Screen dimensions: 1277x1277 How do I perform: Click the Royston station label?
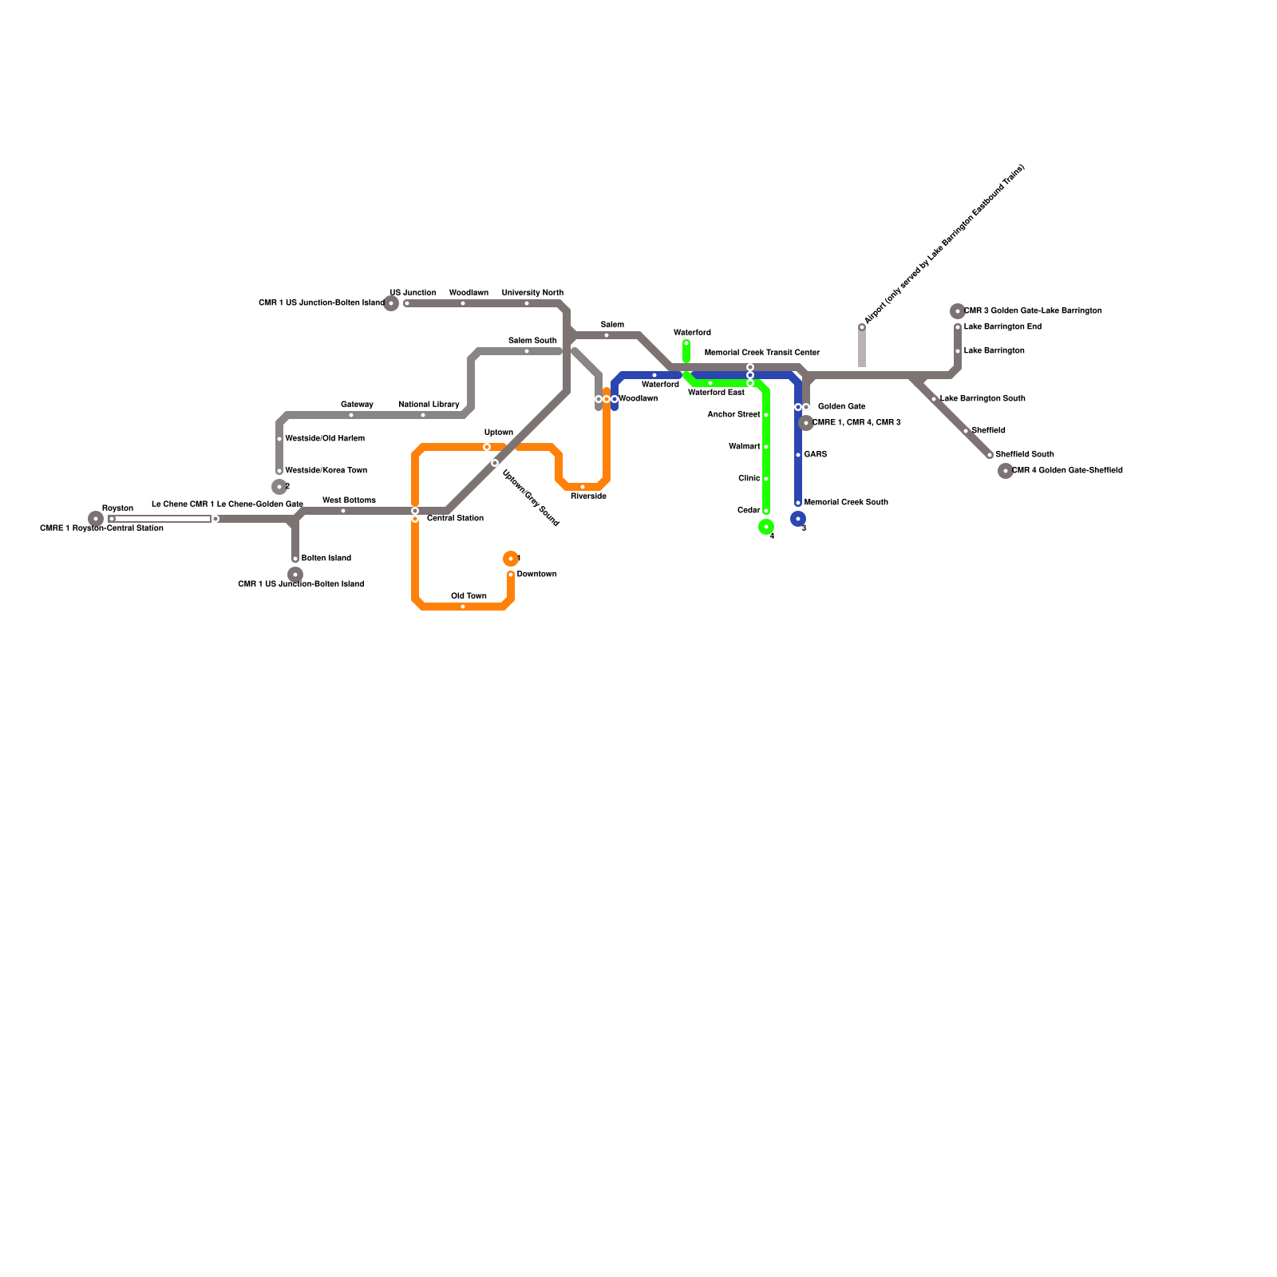(117, 508)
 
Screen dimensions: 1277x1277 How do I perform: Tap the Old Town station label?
(468, 596)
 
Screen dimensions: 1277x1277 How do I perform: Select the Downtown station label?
(536, 575)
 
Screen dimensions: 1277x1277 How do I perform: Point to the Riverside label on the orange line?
(588, 496)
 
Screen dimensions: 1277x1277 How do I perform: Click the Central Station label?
(455, 519)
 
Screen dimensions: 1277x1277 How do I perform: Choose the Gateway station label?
(357, 405)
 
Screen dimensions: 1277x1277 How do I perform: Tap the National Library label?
(429, 405)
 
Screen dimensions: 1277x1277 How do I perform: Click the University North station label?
(532, 293)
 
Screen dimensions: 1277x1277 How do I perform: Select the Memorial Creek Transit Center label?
(762, 353)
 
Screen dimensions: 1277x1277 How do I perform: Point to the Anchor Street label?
(733, 415)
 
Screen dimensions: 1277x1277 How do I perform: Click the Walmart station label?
(744, 447)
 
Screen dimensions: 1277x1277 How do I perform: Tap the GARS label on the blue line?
(815, 455)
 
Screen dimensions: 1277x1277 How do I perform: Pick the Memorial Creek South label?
(846, 503)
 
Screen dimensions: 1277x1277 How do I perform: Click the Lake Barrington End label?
(1002, 327)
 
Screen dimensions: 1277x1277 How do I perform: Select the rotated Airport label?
(944, 243)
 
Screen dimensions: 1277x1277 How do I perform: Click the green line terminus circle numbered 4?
(766, 527)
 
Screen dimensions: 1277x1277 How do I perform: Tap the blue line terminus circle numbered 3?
(798, 519)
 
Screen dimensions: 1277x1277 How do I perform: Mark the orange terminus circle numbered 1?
(511, 559)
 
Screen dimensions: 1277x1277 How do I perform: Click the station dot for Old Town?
(463, 607)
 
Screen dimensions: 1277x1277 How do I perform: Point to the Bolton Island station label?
(326, 559)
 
